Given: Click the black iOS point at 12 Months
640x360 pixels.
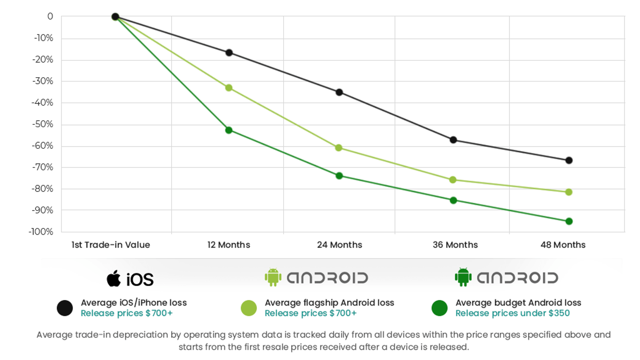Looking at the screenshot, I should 229,53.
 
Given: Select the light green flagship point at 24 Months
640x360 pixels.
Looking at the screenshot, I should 338,148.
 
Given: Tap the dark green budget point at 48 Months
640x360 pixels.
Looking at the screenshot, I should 569,221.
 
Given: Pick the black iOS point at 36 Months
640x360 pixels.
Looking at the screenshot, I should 453,140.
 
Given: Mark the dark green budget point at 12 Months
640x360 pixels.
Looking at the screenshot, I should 229,130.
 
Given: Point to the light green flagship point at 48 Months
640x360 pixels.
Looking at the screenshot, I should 569,192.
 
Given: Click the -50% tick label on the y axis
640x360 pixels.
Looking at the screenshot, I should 43,124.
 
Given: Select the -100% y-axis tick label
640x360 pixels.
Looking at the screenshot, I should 41,232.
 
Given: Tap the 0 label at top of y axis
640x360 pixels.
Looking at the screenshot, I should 50,16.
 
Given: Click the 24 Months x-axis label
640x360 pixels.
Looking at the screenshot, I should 340,245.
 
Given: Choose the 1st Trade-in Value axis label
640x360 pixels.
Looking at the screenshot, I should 111,245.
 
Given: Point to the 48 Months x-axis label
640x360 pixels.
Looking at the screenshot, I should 563,245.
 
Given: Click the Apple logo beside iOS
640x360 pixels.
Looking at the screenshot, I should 114,278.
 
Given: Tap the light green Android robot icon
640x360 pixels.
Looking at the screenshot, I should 273,277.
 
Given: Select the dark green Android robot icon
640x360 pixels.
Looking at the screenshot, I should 463,277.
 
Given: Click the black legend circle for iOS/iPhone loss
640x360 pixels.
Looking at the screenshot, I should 65,308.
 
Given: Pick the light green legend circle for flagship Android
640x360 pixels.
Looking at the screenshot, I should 248,308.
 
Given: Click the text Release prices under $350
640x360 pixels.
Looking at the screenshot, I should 512,313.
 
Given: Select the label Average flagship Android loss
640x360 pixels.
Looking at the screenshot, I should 329,303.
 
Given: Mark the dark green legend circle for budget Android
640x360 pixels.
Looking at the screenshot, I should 439,308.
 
